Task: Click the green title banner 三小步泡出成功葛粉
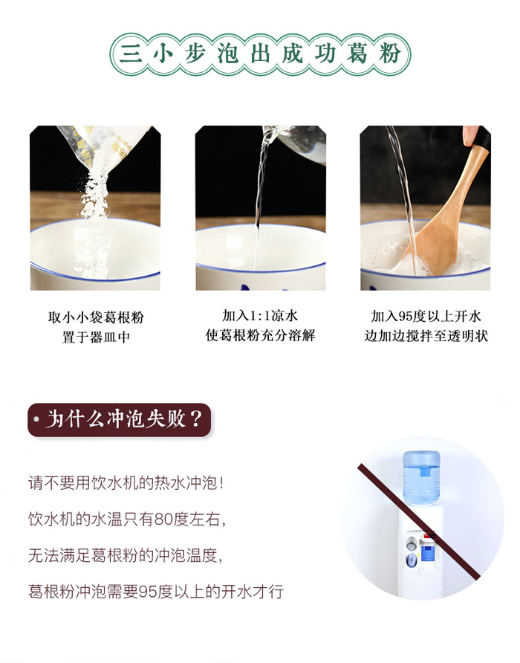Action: [x=260, y=54]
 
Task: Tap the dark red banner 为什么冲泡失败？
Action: [x=119, y=419]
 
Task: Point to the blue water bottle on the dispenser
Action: [x=421, y=477]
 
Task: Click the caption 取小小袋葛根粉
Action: [x=96, y=317]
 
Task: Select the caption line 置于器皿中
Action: [x=96, y=337]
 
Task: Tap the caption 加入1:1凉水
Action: [x=261, y=315]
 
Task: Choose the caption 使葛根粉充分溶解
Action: [x=261, y=335]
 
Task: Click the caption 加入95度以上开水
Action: [x=426, y=316]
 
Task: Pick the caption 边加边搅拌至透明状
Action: [x=426, y=336]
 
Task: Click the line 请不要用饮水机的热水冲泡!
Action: [x=126, y=483]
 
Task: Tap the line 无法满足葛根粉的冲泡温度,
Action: [x=125, y=555]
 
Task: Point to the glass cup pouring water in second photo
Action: [x=296, y=143]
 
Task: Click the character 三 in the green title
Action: [x=131, y=54]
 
